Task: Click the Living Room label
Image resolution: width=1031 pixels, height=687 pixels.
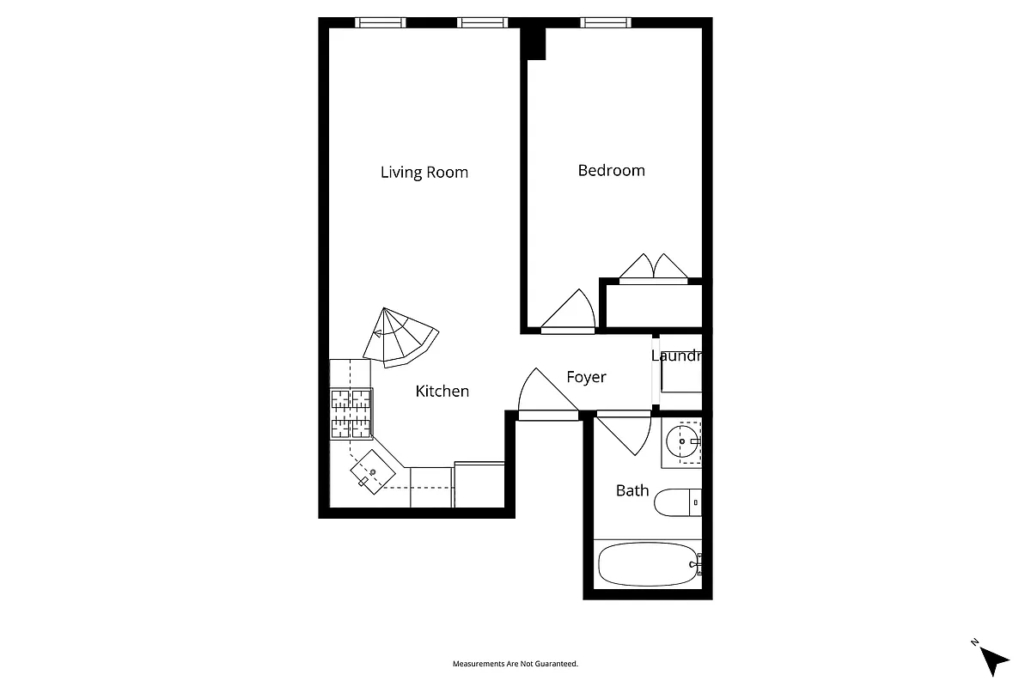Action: (424, 173)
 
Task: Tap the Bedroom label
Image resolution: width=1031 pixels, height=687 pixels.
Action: (611, 170)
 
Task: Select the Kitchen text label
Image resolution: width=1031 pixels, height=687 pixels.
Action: (442, 392)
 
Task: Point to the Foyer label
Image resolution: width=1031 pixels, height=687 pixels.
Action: (586, 377)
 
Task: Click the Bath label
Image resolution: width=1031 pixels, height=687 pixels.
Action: (632, 490)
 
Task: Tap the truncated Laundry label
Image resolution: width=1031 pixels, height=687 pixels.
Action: (677, 356)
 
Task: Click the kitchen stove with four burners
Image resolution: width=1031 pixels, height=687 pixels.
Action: (351, 414)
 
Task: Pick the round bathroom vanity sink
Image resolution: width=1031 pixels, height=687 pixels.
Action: (682, 444)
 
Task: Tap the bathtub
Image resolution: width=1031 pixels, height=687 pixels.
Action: (649, 564)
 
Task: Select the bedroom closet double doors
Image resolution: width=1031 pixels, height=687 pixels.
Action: (653, 268)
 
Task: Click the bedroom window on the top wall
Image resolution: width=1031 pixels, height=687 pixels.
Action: (606, 22)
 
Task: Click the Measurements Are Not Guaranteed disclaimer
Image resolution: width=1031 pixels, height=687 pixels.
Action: (515, 664)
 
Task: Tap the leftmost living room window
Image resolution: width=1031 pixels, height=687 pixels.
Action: (381, 22)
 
